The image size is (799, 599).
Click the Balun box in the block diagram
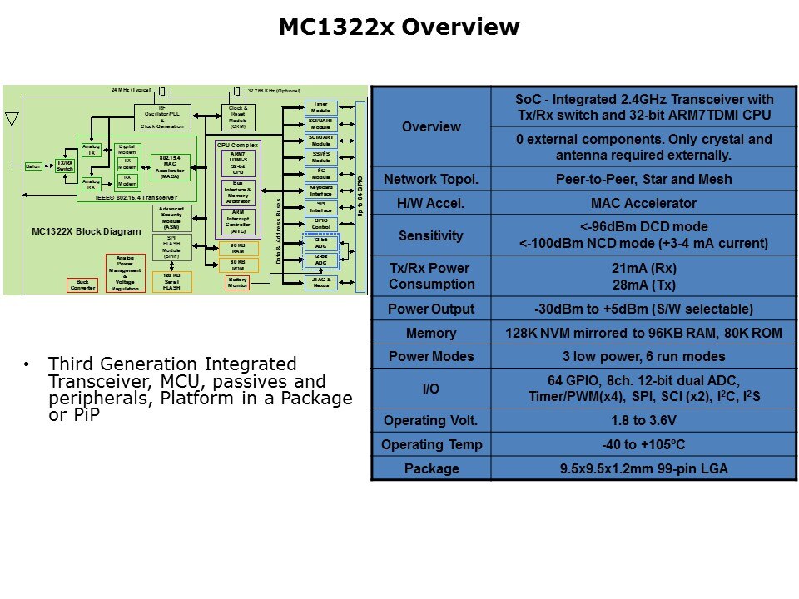click(33, 166)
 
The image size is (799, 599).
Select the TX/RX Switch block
click(64, 166)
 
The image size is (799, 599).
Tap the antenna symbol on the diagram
click(12, 121)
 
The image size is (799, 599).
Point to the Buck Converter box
click(82, 285)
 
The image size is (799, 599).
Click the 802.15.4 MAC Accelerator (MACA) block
click(169, 166)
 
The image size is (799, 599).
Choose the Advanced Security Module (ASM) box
click(171, 218)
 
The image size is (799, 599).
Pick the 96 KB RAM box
click(238, 248)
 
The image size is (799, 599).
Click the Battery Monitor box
click(238, 282)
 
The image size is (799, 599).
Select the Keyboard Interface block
click(320, 190)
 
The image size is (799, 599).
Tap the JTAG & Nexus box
click(320, 282)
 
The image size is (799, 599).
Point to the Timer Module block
click(320, 106)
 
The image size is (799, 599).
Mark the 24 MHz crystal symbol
click(163, 91)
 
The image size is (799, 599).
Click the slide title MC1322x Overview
click(399, 27)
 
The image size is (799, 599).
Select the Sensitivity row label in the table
click(430, 235)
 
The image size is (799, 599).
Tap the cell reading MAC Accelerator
click(643, 203)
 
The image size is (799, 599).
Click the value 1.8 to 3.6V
click(643, 420)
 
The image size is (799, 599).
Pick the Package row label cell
click(430, 468)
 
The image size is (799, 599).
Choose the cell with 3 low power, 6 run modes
click(643, 356)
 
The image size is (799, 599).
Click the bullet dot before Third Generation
click(27, 364)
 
